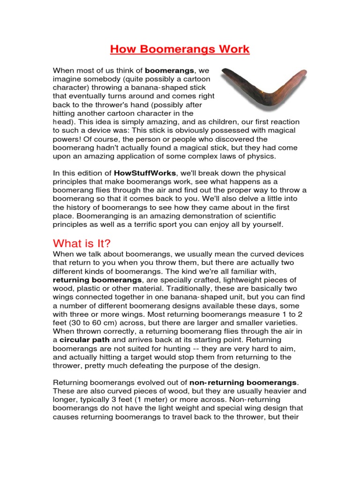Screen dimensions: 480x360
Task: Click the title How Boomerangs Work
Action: point(180,49)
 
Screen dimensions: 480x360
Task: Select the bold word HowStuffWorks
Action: point(143,173)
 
